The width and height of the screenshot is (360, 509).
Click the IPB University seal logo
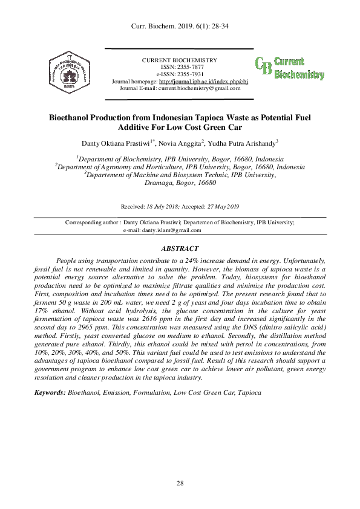[71, 71]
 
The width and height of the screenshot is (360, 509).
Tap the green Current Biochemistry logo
[289, 68]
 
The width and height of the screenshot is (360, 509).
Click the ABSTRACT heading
[180, 248]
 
